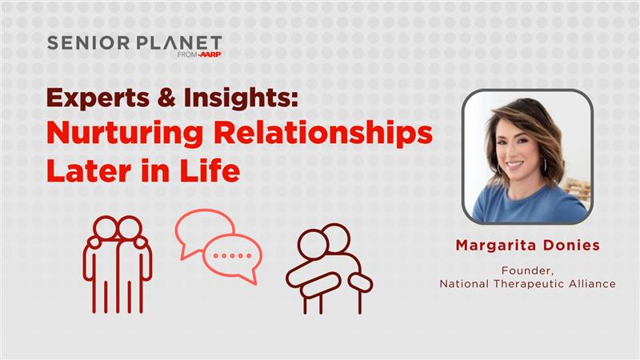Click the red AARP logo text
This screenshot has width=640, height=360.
click(x=210, y=55)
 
